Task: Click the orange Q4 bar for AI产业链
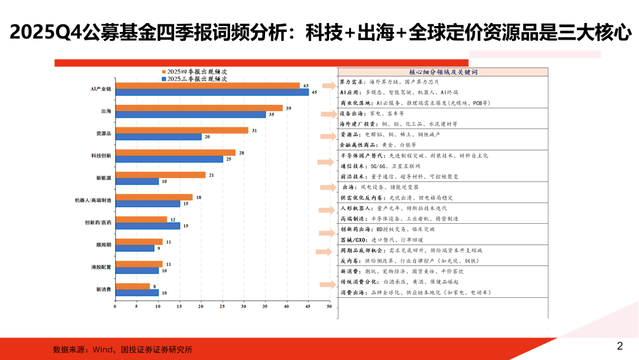(207, 85)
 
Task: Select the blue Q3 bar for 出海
(190, 114)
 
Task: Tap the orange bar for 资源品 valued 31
(181, 130)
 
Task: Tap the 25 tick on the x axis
(222, 306)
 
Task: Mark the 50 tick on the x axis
(329, 306)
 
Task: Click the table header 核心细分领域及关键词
(443, 72)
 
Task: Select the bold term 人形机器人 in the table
(353, 208)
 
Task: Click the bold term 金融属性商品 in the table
(356, 144)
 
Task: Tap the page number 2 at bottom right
(620, 346)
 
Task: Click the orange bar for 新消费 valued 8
(132, 286)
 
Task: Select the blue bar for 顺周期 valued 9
(134, 248)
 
